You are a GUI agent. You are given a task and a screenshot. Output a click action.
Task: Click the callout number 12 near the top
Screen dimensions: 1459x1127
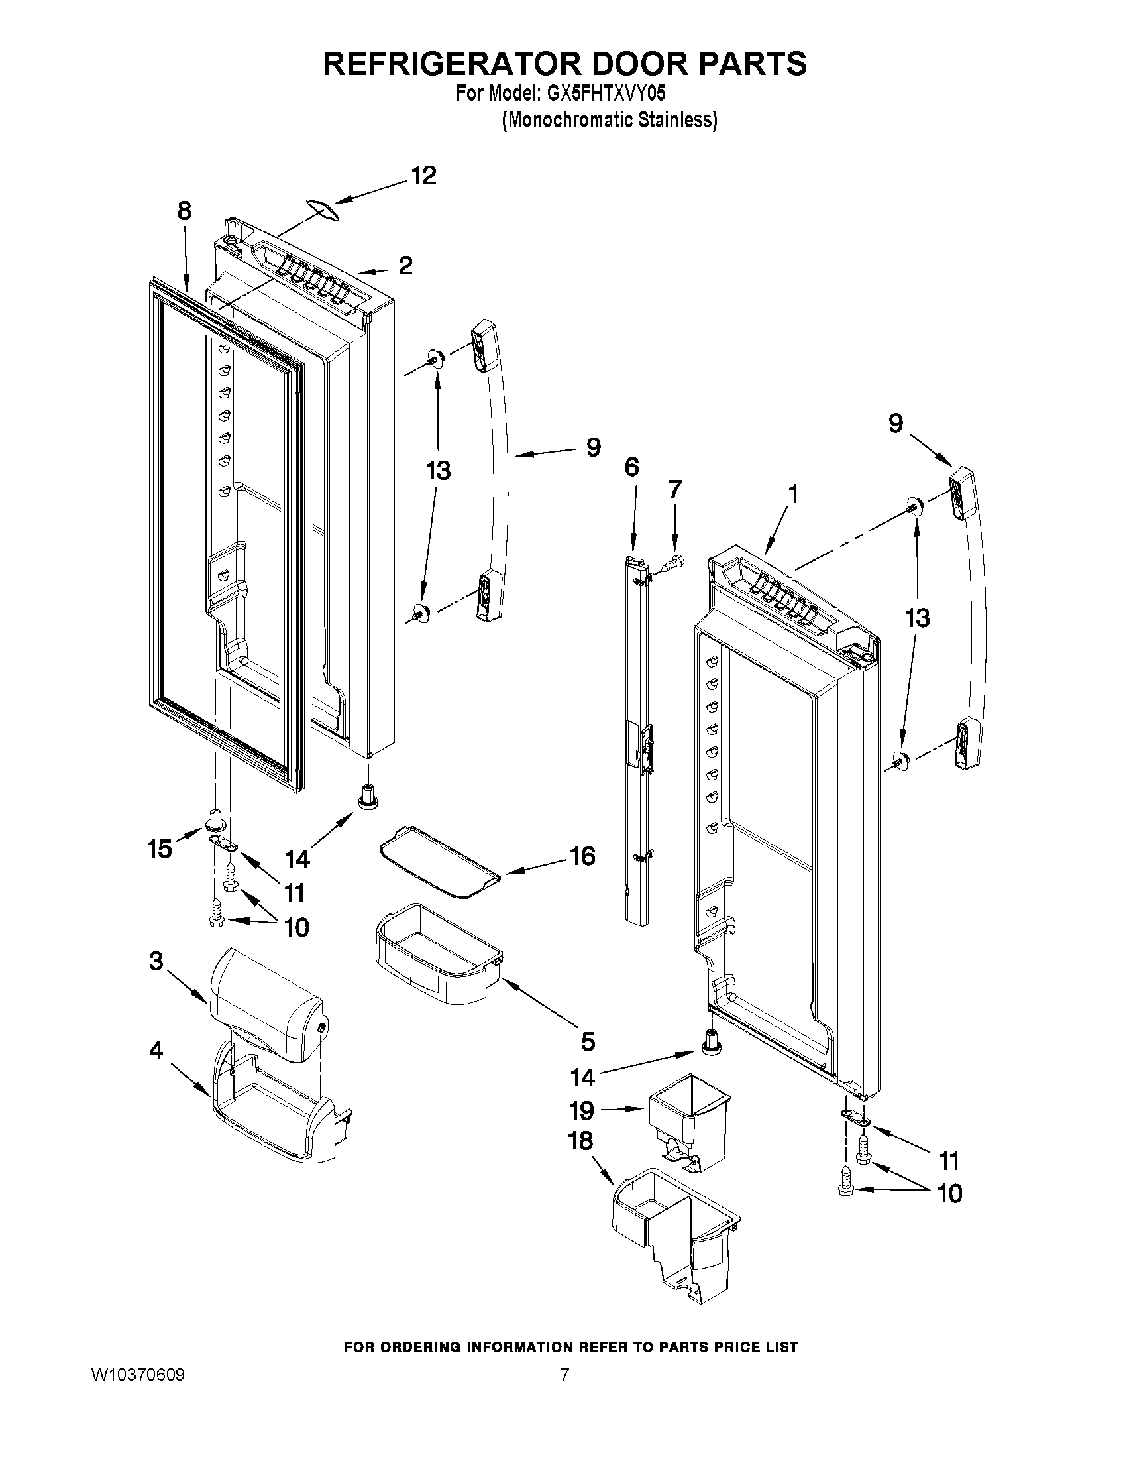coord(423,176)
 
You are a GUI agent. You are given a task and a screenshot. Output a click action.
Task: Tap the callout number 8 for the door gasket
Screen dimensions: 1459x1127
coord(184,211)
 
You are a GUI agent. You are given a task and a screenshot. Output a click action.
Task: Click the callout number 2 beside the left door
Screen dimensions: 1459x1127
coord(405,266)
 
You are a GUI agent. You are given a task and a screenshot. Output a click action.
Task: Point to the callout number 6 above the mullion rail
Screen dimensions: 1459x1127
coord(631,467)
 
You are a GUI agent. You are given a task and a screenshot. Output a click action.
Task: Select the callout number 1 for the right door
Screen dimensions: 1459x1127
coord(792,495)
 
